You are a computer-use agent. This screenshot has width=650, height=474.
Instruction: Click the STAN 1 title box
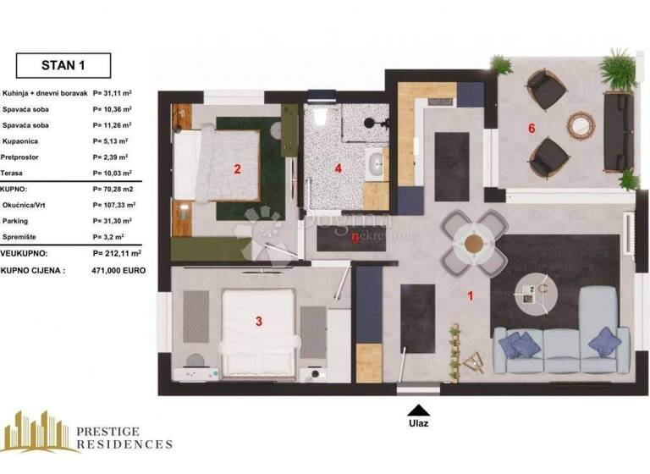[x=63, y=64]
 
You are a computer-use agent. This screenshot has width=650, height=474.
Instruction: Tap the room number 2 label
[x=238, y=168]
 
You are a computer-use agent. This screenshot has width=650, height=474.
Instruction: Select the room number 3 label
[x=259, y=321]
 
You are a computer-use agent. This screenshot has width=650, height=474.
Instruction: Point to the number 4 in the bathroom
[x=339, y=168]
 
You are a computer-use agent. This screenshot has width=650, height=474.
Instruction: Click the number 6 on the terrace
[x=531, y=129]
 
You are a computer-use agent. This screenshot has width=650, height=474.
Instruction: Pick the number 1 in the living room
[x=471, y=296]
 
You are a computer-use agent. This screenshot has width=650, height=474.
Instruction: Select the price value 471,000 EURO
[x=118, y=270]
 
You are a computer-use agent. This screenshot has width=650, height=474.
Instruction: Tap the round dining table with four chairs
[x=472, y=242]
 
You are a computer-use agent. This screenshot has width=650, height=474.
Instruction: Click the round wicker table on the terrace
[x=579, y=127]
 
